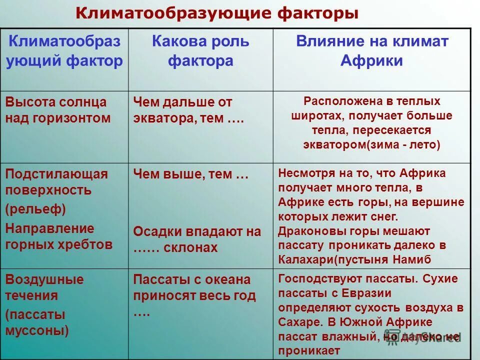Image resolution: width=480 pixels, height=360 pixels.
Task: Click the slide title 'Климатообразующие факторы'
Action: tap(216, 13)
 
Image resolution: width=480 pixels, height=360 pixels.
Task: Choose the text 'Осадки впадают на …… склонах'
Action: tap(196, 239)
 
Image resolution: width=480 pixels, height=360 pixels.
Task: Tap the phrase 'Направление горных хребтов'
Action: tap(58, 236)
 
